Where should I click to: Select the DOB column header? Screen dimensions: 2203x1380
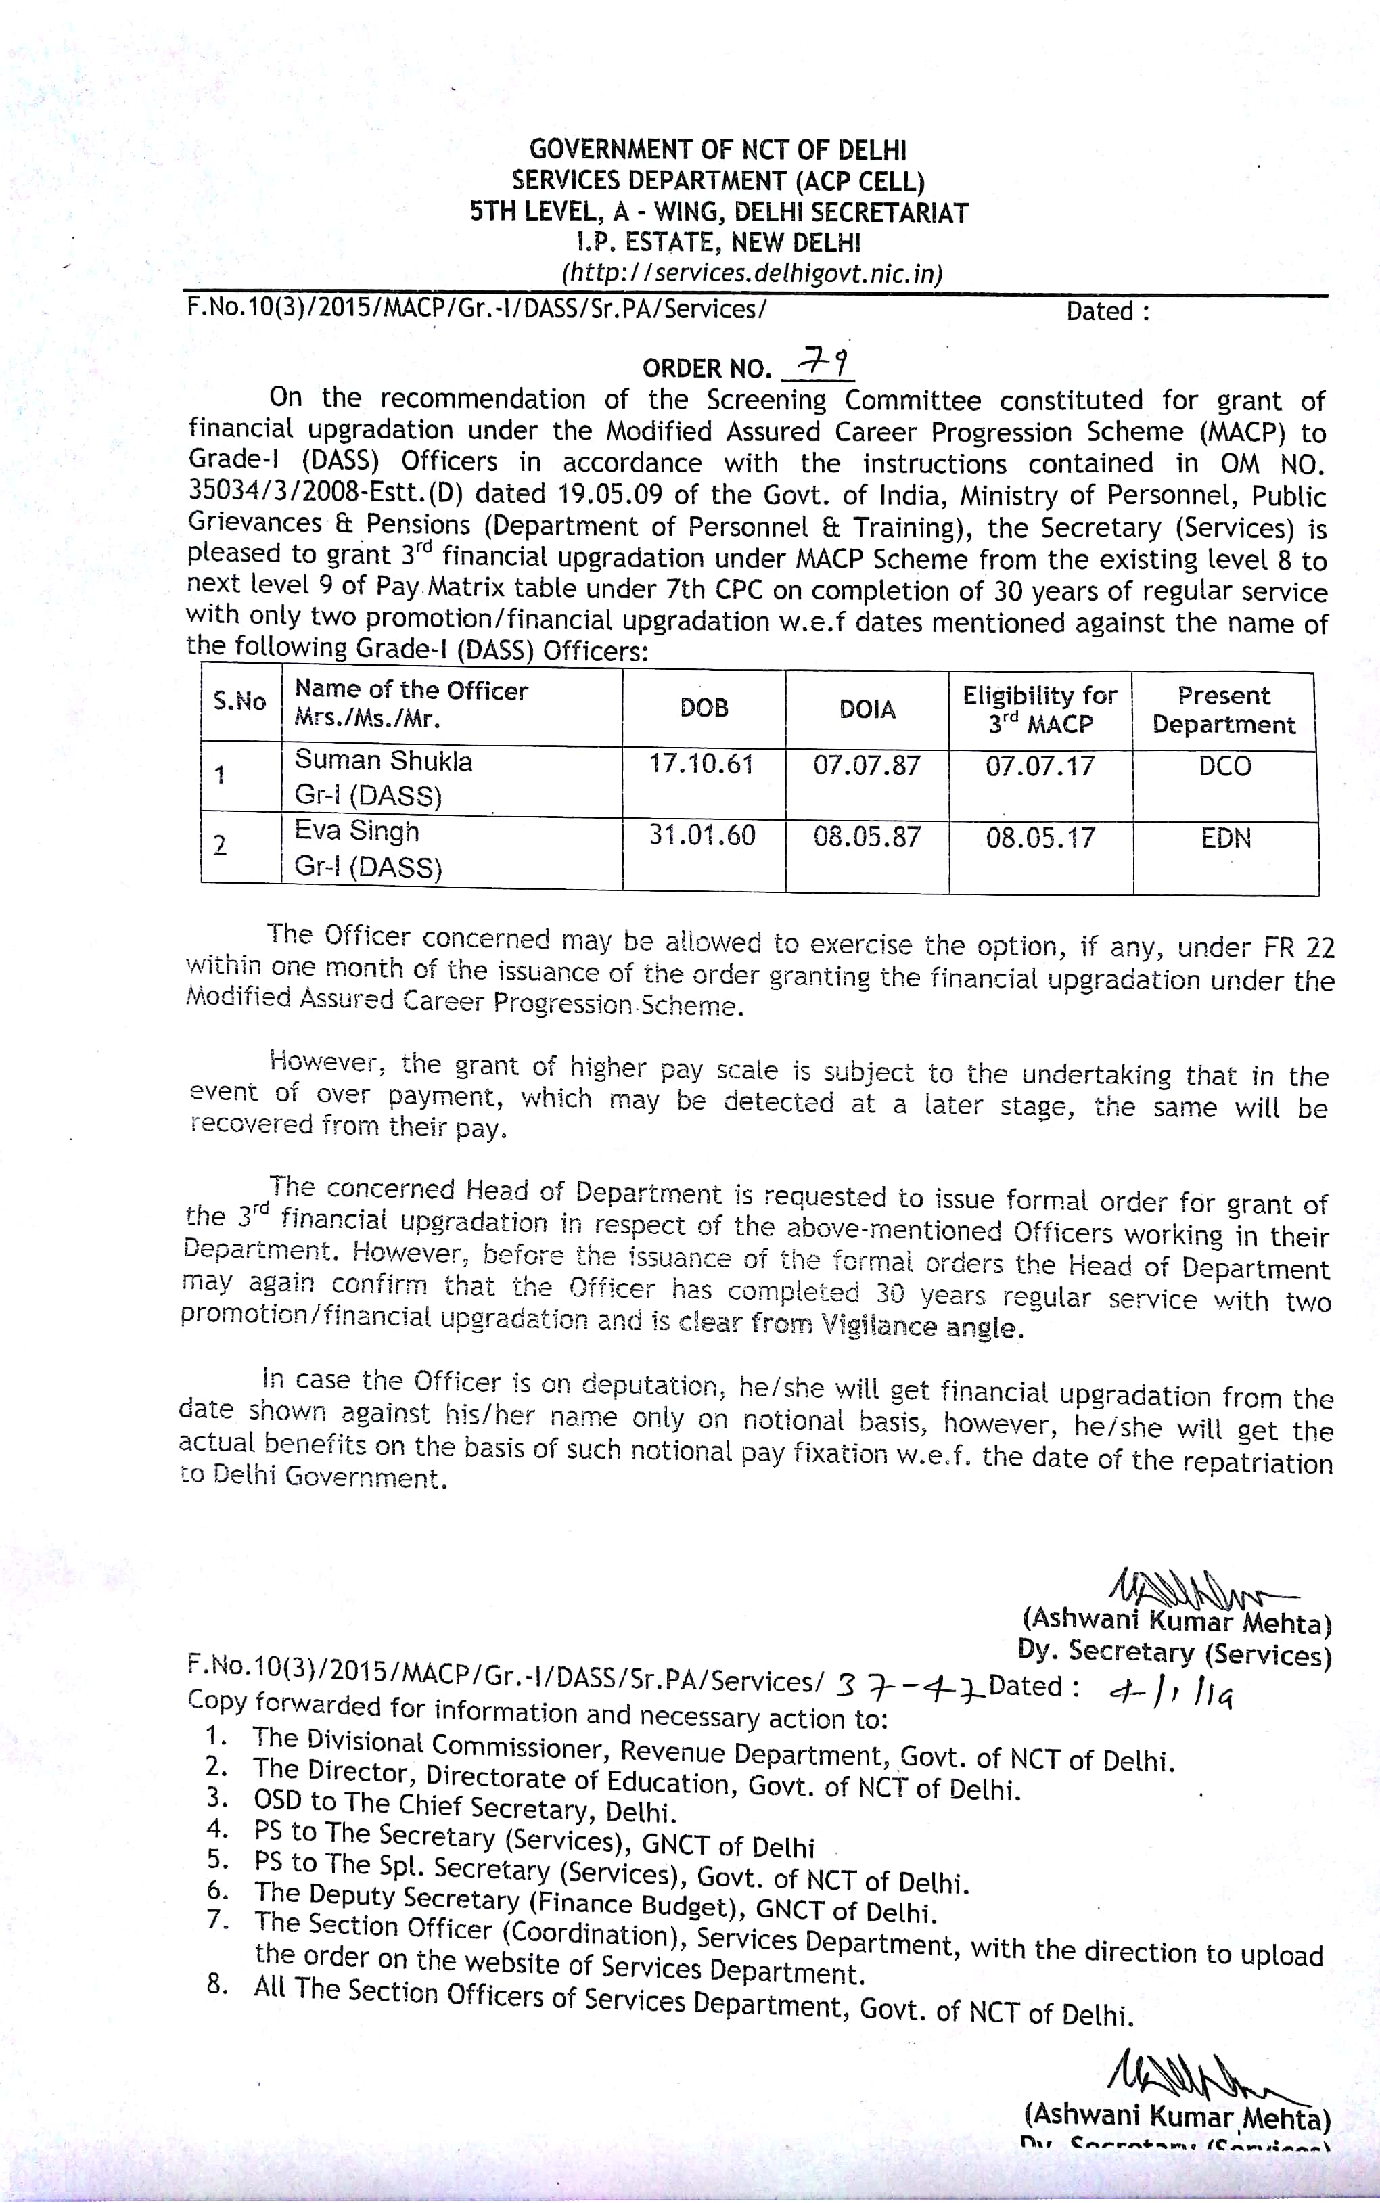pyautogui.click(x=704, y=708)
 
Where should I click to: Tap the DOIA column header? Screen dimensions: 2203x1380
pyautogui.click(x=867, y=709)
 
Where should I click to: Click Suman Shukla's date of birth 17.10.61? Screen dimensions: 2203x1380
pyautogui.click(x=701, y=764)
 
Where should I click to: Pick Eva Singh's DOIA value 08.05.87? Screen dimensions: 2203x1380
pyautogui.click(x=867, y=837)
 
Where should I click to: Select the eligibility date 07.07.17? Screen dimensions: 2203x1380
pyautogui.click(x=1040, y=766)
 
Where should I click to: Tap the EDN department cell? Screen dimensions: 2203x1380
pyautogui.click(x=1226, y=839)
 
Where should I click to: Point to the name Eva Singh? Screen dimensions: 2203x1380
pyautogui.click(x=356, y=832)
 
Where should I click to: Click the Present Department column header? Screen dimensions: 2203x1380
pyautogui.click(x=1223, y=710)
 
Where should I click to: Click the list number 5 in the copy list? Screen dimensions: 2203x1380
pyautogui.click(x=216, y=1859)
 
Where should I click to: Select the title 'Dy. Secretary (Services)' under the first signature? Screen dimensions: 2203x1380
pyautogui.click(x=1174, y=1652)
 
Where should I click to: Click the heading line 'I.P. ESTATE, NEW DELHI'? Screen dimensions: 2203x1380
pyautogui.click(x=718, y=243)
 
